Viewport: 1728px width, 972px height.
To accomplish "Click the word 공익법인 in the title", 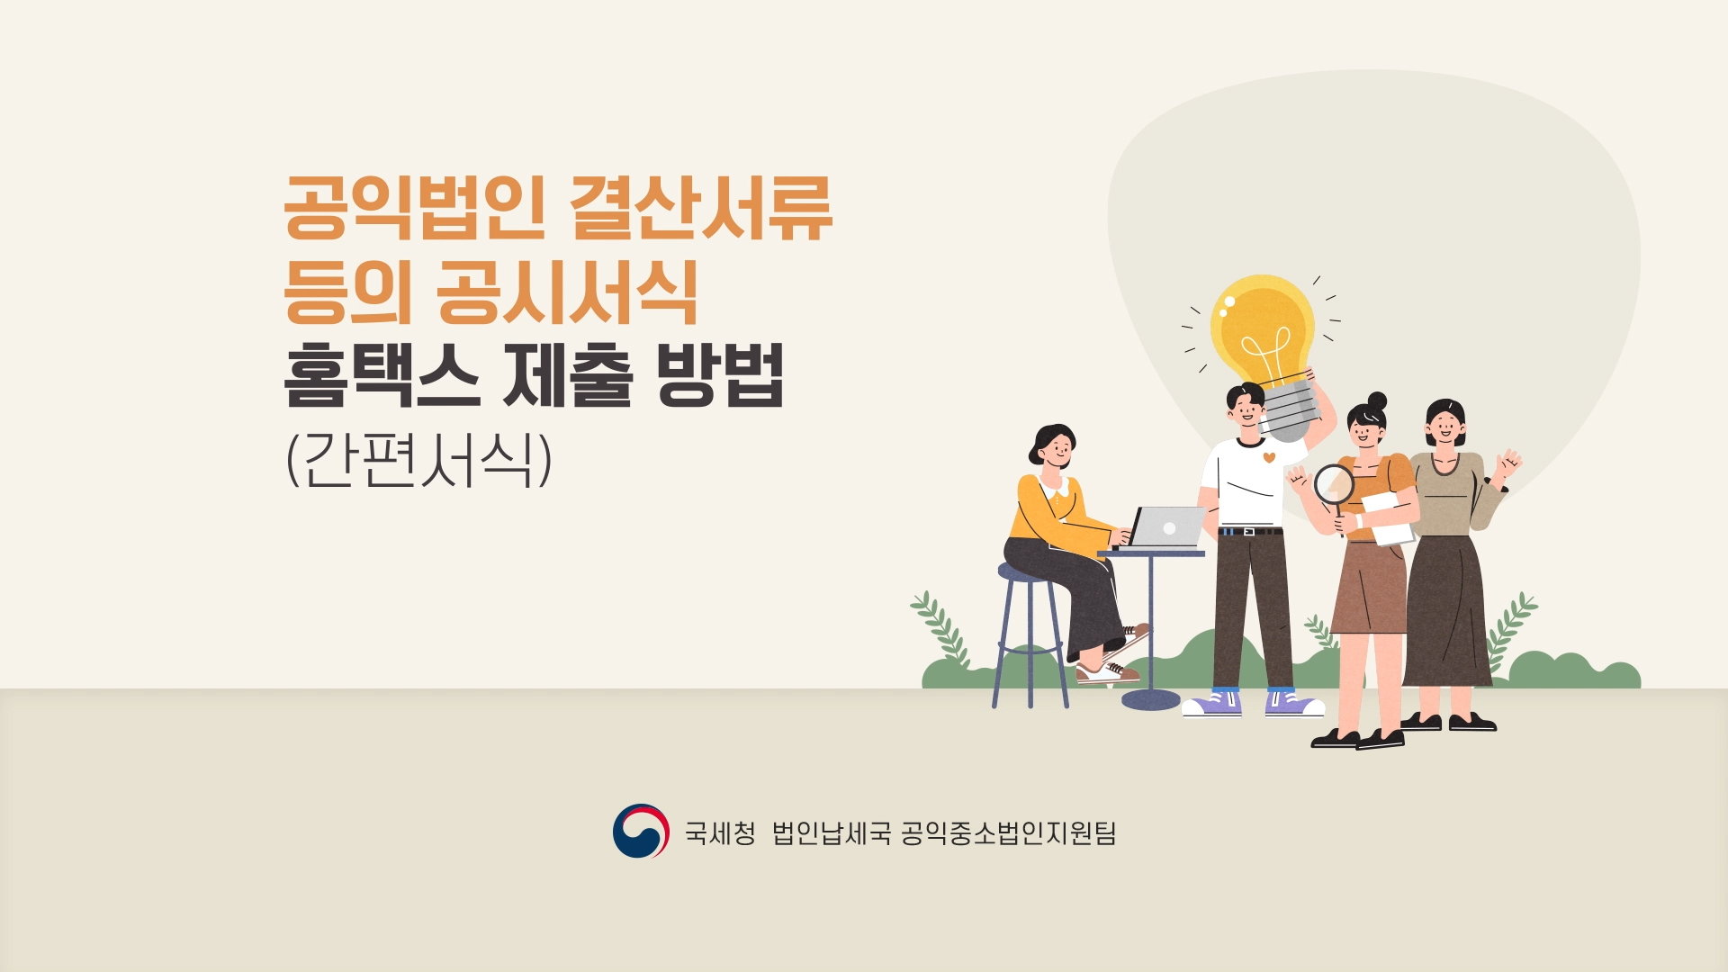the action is [x=415, y=209].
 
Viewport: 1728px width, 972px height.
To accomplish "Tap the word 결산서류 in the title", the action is [x=702, y=209].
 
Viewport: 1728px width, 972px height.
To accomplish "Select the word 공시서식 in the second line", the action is [x=567, y=292].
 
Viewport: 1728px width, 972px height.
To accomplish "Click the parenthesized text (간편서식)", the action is [x=418, y=460].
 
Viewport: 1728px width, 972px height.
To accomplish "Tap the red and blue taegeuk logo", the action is [x=641, y=831].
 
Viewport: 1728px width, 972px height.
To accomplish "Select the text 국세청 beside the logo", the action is [x=720, y=832].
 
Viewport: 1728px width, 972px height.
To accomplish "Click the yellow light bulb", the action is [x=1264, y=346].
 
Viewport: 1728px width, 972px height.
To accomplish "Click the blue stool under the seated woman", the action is [x=1030, y=634].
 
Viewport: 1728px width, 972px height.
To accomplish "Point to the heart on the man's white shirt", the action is [x=1269, y=457].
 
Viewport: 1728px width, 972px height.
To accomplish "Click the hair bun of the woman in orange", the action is [x=1377, y=400].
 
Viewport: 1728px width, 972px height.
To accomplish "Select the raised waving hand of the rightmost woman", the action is [x=1507, y=464].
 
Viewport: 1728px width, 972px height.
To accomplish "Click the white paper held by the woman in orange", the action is [x=1389, y=518].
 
